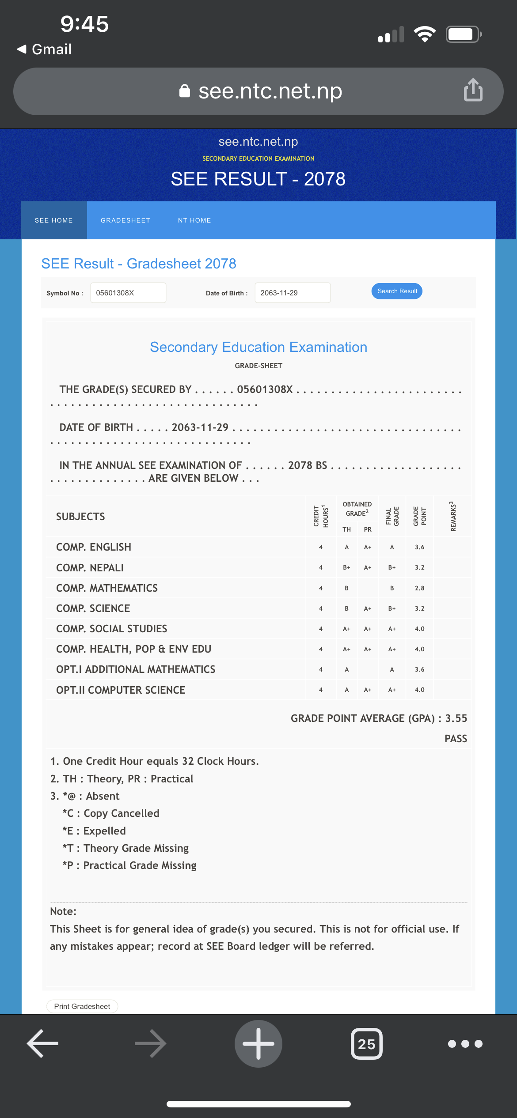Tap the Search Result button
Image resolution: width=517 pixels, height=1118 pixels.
pyautogui.click(x=397, y=291)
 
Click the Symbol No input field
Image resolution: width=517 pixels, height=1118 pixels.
pyautogui.click(x=128, y=293)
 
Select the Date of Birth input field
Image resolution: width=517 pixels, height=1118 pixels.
pyautogui.click(x=292, y=293)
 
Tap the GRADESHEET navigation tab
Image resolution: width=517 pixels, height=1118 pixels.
pyautogui.click(x=125, y=220)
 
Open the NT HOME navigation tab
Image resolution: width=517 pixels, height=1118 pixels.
pyautogui.click(x=194, y=220)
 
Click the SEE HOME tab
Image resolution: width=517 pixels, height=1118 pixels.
pyautogui.click(x=54, y=220)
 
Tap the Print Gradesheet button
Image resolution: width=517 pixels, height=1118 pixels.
pyautogui.click(x=82, y=1006)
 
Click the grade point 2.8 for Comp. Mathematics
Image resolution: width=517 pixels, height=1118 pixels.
pyautogui.click(x=419, y=588)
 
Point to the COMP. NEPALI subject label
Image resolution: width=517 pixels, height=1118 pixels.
pyautogui.click(x=90, y=568)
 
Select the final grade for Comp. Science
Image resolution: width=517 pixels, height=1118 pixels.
pyautogui.click(x=392, y=608)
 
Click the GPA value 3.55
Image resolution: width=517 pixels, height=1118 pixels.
pyautogui.click(x=456, y=718)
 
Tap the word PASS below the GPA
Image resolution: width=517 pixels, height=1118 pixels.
pyautogui.click(x=456, y=739)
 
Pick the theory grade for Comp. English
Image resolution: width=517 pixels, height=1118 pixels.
pyautogui.click(x=347, y=547)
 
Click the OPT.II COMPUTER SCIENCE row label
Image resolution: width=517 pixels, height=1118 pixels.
pyautogui.click(x=121, y=690)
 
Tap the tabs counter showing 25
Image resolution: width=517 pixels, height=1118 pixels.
pyautogui.click(x=366, y=1044)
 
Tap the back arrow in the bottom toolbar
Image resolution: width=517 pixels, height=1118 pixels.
pyautogui.click(x=43, y=1044)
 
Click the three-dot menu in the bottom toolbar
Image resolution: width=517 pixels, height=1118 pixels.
pyautogui.click(x=465, y=1044)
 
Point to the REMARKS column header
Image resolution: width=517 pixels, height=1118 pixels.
pyautogui.click(x=452, y=516)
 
